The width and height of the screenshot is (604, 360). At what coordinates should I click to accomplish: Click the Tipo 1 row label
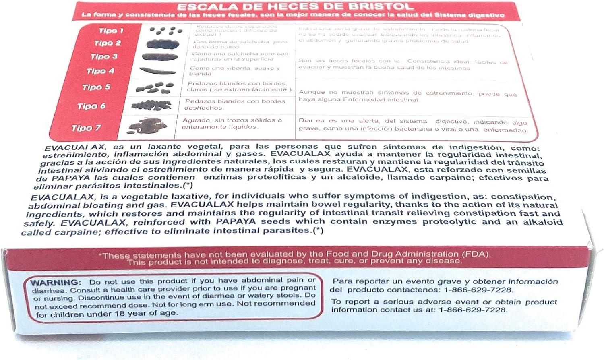pos(111,31)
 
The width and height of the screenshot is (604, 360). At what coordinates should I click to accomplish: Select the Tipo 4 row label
pos(100,71)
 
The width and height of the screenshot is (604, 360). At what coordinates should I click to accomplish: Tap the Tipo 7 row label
pos(86,128)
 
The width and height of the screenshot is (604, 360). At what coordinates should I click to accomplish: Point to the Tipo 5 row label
pos(96,87)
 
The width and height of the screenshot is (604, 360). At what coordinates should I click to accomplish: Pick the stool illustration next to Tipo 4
pos(158,70)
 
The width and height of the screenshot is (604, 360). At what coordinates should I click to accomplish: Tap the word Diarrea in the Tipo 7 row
pos(311,121)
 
